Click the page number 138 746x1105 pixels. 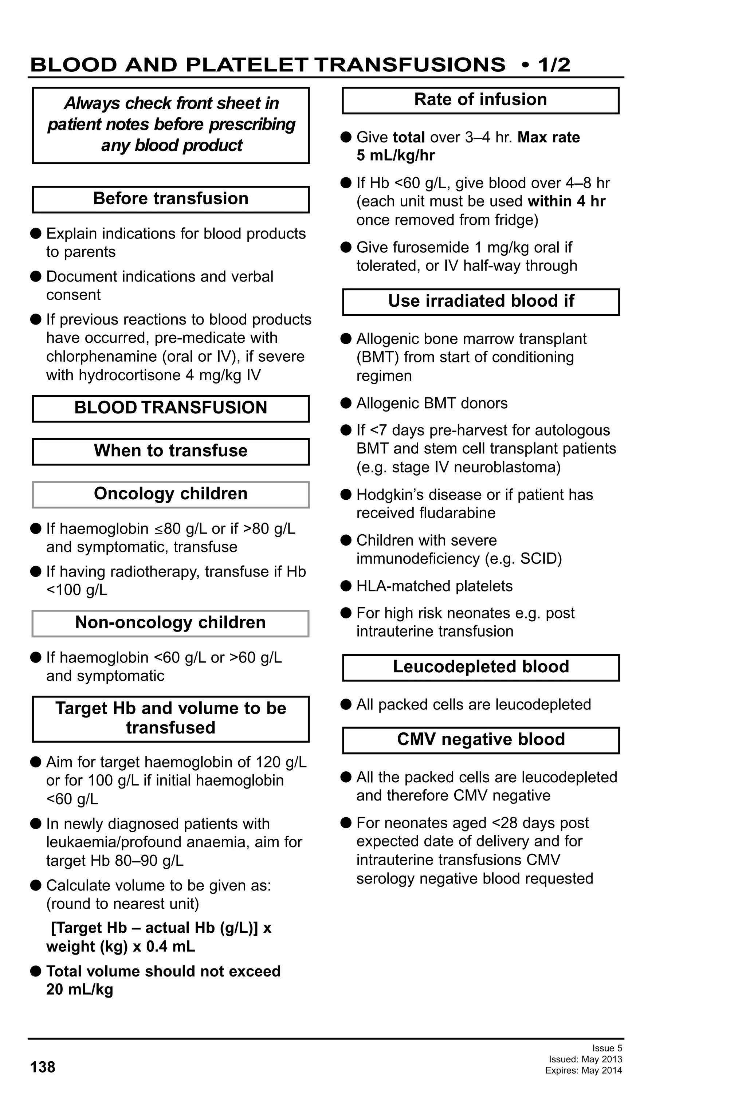[42, 1067]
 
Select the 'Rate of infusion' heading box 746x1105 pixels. [480, 100]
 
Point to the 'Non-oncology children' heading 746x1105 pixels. [170, 623]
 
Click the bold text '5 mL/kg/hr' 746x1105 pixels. [396, 156]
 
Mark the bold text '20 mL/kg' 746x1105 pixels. [79, 990]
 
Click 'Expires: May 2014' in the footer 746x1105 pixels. [584, 1070]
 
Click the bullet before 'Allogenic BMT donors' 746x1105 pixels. [346, 403]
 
